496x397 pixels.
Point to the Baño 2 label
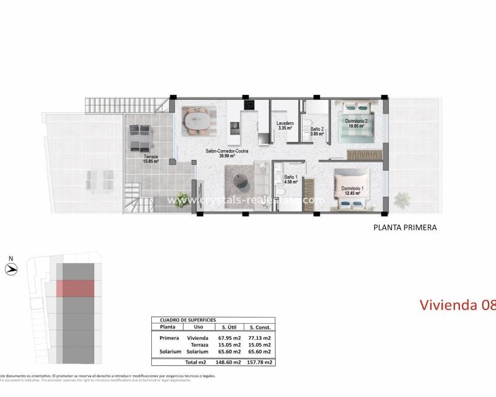(317, 131)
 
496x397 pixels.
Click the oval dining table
(197, 120)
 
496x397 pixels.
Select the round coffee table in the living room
(242, 181)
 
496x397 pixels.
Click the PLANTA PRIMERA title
(405, 228)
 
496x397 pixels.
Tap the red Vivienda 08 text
(457, 305)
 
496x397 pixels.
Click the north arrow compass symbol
(11, 269)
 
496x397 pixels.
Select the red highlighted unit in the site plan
(75, 288)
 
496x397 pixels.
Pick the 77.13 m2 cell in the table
(258, 338)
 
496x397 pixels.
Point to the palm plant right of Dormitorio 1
(402, 200)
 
